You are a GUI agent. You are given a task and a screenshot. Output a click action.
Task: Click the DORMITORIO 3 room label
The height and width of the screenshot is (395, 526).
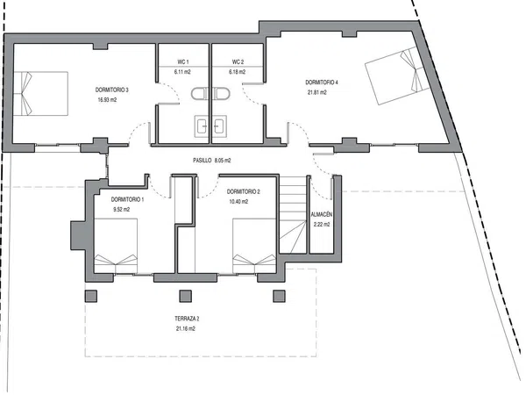(x=111, y=90)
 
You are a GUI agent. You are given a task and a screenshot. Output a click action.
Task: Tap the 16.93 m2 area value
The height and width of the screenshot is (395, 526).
(x=107, y=100)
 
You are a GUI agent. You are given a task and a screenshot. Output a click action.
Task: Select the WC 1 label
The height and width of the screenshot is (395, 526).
(x=183, y=61)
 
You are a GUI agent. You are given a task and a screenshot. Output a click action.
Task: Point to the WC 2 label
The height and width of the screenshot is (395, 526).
(x=238, y=61)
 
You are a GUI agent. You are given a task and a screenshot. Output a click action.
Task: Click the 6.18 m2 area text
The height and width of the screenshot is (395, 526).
(x=238, y=72)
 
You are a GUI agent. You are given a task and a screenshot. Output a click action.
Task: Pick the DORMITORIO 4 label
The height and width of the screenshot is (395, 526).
(x=322, y=83)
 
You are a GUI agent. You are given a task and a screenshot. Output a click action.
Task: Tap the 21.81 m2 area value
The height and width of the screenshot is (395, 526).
(x=317, y=92)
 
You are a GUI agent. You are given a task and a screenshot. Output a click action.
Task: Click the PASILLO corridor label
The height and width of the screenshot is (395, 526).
(x=203, y=161)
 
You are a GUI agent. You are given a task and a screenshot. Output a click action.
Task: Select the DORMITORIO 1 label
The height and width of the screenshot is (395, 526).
(x=127, y=199)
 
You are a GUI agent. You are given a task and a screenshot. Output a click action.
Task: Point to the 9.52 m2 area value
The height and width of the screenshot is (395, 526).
(x=122, y=209)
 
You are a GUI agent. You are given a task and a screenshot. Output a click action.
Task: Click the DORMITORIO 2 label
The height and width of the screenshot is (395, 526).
(x=243, y=191)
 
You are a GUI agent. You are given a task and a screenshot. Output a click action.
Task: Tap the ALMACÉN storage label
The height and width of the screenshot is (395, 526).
(x=322, y=215)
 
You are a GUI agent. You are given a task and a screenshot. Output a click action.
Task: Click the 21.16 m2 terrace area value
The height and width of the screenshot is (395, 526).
(x=186, y=329)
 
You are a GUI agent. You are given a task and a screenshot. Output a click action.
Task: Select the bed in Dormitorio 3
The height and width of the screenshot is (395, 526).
(x=40, y=93)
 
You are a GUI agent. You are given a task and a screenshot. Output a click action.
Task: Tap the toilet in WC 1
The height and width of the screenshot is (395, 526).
(x=200, y=94)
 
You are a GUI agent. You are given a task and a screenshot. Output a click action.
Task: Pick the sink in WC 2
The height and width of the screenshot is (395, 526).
(x=220, y=126)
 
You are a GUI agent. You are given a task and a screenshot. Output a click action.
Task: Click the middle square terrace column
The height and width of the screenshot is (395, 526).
(x=186, y=296)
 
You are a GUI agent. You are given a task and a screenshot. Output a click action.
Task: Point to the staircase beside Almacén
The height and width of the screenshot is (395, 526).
(x=293, y=215)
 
